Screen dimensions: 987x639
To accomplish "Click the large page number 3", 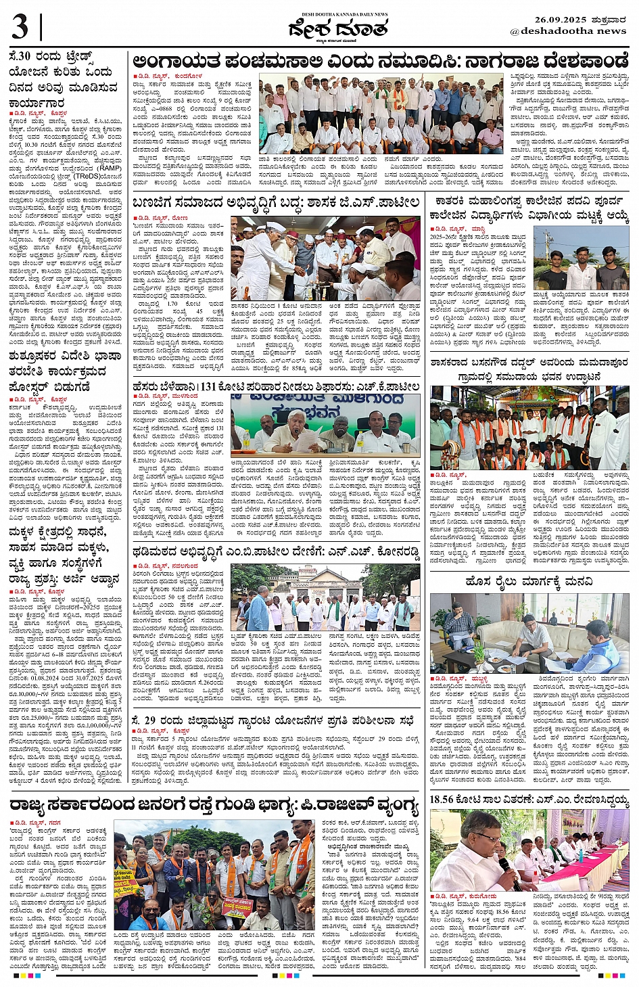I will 20,28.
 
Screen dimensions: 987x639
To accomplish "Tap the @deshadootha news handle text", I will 568,31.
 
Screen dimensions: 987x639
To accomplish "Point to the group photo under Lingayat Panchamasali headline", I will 381,114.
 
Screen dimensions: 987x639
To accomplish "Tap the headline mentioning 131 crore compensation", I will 276,386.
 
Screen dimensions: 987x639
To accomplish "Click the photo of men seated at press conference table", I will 325,423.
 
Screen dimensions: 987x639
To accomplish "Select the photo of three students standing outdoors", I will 581,258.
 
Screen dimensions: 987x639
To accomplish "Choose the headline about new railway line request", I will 529,582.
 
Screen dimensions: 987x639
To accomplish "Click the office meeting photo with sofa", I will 529,633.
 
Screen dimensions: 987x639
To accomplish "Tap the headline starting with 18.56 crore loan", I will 529,800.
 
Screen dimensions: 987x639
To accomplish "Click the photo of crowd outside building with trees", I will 325,597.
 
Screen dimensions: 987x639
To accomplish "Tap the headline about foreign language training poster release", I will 57,371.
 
